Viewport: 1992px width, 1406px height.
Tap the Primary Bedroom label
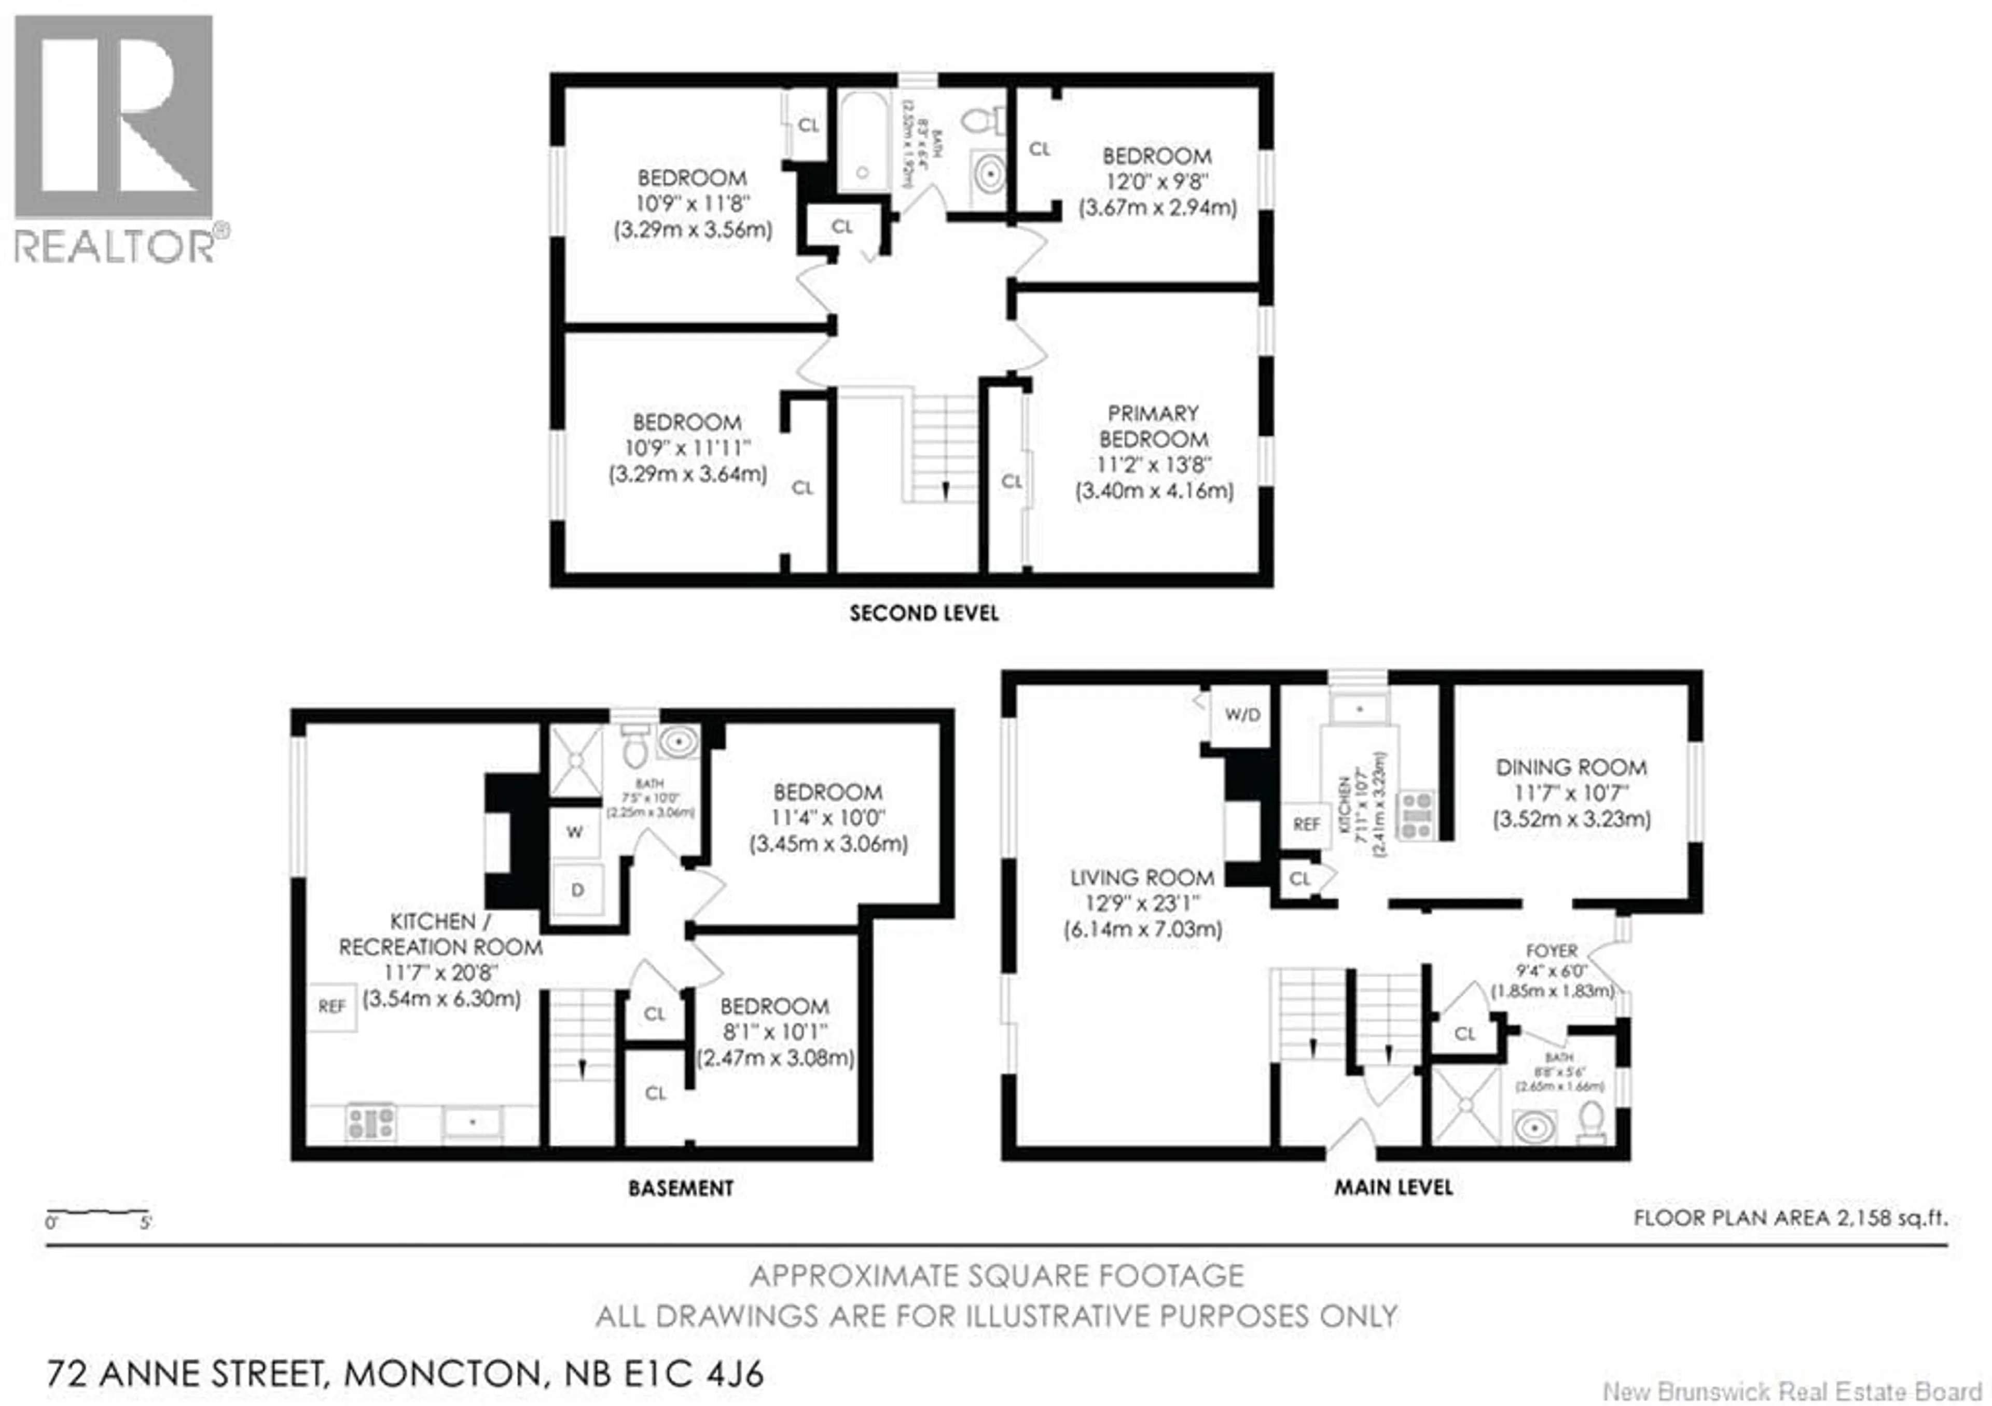click(x=1153, y=426)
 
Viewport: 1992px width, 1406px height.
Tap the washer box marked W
click(x=574, y=832)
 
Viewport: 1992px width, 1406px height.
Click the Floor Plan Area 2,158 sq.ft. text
click(x=1790, y=1218)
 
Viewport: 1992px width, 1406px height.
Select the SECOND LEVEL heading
click(x=924, y=613)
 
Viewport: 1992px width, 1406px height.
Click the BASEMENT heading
click(x=681, y=1188)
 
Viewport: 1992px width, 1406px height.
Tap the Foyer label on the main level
click(x=1551, y=951)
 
